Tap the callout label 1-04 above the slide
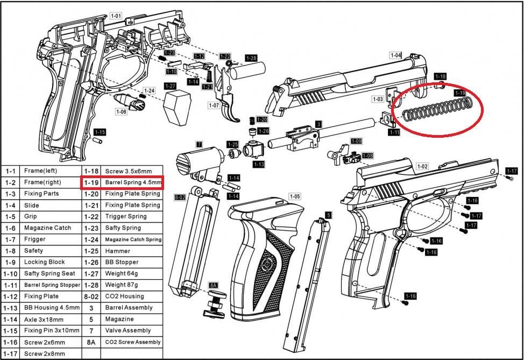click(395, 55)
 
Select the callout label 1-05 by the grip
click(294, 196)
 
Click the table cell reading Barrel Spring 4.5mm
click(133, 182)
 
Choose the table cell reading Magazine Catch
click(47, 228)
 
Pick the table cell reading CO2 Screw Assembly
click(133, 342)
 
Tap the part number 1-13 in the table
click(10, 308)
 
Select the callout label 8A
click(213, 285)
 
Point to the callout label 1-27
click(170, 86)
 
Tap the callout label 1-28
click(251, 58)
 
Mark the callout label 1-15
click(100, 132)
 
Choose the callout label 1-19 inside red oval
click(459, 93)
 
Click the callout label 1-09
click(356, 141)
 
